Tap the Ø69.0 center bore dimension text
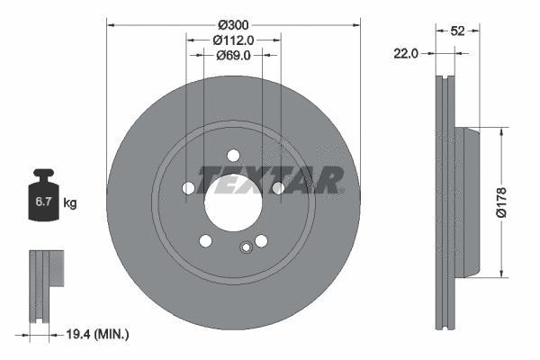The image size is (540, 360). pos(233,55)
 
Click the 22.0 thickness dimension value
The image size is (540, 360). pos(407,54)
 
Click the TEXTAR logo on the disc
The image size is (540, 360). pos(270,180)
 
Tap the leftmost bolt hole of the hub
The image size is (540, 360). pos(188,188)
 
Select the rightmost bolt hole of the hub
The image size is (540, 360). pos(278,187)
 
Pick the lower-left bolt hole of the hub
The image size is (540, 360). pos(205,240)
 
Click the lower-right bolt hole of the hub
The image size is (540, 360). pos(261,240)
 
